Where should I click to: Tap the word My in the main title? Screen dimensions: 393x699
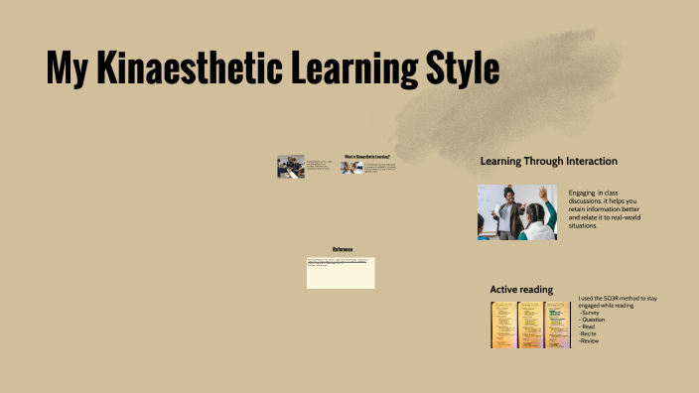(70, 69)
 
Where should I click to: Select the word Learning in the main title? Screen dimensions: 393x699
(350, 69)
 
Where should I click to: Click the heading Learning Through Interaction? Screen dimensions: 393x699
(548, 161)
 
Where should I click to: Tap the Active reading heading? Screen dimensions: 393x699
(521, 290)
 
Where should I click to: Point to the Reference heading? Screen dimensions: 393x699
(343, 249)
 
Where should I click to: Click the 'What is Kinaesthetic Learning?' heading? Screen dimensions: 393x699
(366, 156)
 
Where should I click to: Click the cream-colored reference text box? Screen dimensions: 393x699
(341, 272)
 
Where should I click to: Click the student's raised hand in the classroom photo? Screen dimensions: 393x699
(543, 192)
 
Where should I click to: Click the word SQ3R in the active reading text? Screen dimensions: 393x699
(616, 299)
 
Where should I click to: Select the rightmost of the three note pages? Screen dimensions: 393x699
(556, 324)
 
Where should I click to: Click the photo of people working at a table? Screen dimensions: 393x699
(291, 167)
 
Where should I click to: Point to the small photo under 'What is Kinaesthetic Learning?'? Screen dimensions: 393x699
(351, 168)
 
